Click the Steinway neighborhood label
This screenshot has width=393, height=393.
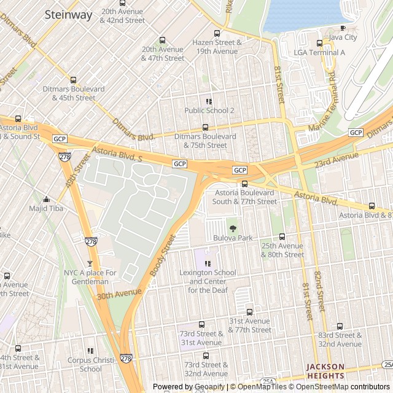click(68, 14)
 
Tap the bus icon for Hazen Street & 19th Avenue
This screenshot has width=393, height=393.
click(217, 34)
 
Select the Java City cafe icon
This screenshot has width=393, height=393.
click(343, 28)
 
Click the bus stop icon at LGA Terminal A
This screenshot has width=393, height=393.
click(319, 43)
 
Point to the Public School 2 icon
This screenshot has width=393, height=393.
click(209, 101)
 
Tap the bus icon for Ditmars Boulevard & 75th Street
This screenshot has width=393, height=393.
click(204, 127)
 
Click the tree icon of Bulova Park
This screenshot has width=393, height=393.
click(232, 228)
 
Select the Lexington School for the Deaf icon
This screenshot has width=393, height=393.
click(207, 263)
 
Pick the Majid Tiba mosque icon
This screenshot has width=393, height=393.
click(46, 199)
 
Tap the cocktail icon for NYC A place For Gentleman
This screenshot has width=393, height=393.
click(90, 263)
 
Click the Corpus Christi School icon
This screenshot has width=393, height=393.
click(90, 351)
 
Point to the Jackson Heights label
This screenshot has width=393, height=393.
click(325, 371)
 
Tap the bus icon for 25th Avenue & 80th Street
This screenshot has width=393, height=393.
click(282, 236)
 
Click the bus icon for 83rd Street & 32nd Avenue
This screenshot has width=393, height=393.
click(340, 326)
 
